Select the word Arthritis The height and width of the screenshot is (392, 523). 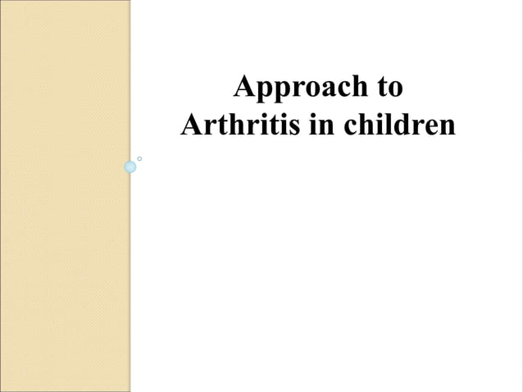[x=234, y=126]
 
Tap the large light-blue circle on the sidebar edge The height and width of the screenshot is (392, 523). [x=130, y=167]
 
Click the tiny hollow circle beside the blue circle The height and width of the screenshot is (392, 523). [x=141, y=157]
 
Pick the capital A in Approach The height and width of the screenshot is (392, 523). [x=244, y=88]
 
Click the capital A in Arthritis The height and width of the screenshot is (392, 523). [x=190, y=126]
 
